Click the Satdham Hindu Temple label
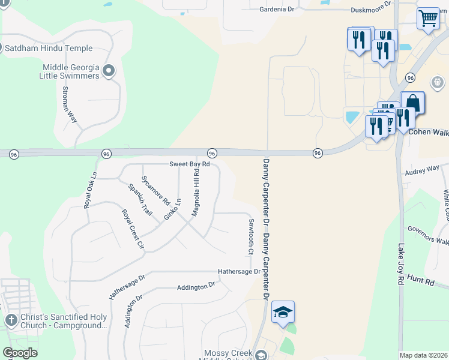pos(49,48)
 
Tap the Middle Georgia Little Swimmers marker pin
pos(109,71)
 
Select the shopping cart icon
pos(428,18)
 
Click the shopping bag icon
pos(412,103)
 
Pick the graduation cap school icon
pos(283,312)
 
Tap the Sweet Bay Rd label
pos(189,164)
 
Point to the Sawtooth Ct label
pos(251,236)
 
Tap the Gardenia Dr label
pos(277,10)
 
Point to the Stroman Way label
pos(70,104)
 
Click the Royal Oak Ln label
pos(91,191)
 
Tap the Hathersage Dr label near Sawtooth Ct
pos(239,271)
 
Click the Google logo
pos(20,353)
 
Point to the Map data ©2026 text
pos(424,355)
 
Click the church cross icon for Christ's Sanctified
pos(11,320)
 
